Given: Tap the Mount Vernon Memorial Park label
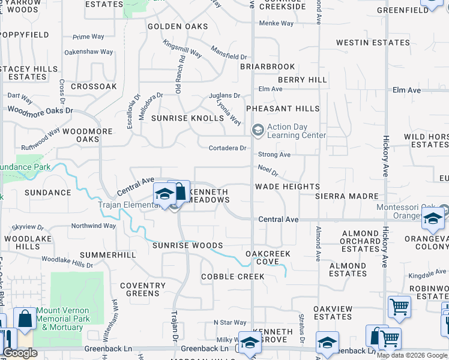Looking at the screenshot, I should point(59,319).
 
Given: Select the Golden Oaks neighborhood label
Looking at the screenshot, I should point(178,26).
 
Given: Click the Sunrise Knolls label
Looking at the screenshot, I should point(187,118).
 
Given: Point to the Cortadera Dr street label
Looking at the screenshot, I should point(228,148).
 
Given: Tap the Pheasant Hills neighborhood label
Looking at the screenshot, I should point(283,109).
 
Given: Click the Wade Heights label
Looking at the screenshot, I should point(287,187).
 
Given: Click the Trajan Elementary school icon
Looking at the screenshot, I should point(164,194).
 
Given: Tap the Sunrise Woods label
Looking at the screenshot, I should point(187,245).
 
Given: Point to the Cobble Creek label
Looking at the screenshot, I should point(233,277).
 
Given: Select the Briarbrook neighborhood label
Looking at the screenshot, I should point(268,67).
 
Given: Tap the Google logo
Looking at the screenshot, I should point(20,353).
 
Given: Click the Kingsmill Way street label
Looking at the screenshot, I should point(182,50).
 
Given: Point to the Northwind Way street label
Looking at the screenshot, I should point(93,226).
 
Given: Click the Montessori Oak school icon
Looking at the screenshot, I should point(432,218).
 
